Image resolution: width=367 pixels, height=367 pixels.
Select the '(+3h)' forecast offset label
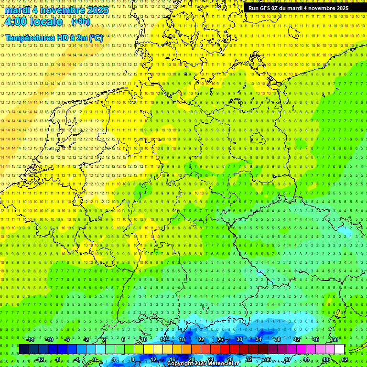coord(80,22)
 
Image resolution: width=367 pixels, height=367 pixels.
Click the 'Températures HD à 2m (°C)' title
coord(54,38)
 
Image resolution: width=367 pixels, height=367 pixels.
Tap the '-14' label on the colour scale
coord(31,339)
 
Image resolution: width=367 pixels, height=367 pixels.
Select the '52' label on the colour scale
coord(345,359)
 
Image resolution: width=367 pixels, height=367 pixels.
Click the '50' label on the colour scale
coord(335,339)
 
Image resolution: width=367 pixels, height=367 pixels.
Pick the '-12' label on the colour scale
coord(40,359)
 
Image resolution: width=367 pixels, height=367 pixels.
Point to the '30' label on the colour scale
coord(239,339)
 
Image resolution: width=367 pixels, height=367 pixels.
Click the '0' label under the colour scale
coord(95,359)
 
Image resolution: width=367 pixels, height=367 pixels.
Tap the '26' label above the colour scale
coord(220,339)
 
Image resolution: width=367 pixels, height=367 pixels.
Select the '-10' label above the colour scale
coord(49,339)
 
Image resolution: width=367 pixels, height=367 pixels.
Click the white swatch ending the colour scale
coord(339,349)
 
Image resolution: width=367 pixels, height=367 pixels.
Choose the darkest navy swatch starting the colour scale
coord(24,349)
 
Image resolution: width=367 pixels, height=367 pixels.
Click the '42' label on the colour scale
coord(296,339)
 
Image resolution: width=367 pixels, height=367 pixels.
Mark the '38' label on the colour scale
coord(277,339)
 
